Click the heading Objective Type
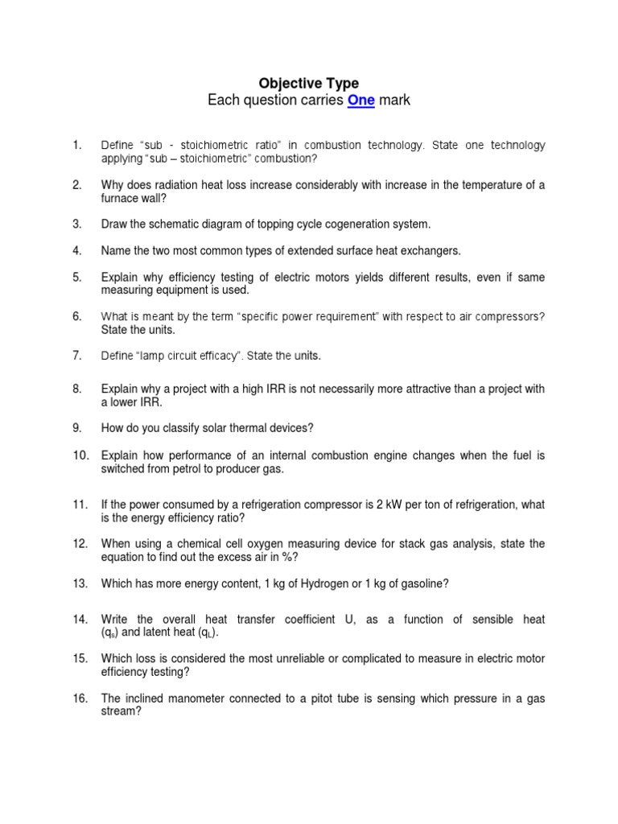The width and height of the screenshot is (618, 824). click(308, 83)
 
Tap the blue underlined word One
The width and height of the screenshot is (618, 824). click(361, 101)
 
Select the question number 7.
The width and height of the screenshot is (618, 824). click(77, 355)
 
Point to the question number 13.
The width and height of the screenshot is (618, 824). click(80, 583)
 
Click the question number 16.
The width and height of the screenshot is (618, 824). click(80, 698)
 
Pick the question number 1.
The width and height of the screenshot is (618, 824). click(77, 145)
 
